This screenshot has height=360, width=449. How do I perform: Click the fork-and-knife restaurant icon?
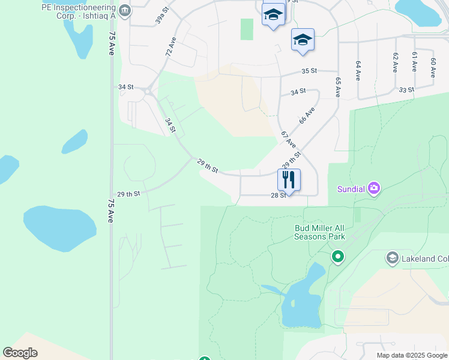[289, 179]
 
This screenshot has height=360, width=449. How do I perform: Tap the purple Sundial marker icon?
[375, 188]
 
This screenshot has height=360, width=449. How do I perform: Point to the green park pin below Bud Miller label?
[338, 257]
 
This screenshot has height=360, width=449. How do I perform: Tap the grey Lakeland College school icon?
[393, 258]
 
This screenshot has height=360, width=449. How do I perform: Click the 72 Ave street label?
[171, 47]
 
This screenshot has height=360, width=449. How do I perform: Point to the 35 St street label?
[309, 71]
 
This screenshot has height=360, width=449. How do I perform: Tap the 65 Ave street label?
[338, 88]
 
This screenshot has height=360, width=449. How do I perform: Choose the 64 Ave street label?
[358, 70]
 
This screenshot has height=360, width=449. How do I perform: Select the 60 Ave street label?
[433, 67]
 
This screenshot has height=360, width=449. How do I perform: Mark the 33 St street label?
[406, 90]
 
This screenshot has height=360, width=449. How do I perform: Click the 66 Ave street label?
[307, 115]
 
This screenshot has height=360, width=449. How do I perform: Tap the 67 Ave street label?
[288, 140]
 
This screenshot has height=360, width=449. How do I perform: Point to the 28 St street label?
[278, 196]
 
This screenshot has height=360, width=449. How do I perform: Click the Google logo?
[20, 353]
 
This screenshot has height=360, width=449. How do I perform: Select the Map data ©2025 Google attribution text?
[411, 355]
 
